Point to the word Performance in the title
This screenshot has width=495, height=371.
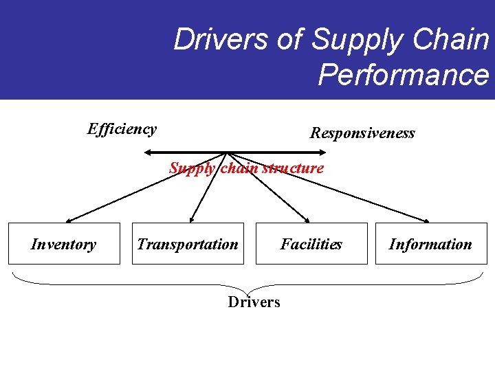point(403,75)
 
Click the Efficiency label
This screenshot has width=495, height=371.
point(122,128)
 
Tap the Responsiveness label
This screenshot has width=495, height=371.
point(362,133)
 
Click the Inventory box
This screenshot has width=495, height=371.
point(64,244)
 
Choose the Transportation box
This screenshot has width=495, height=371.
point(188,244)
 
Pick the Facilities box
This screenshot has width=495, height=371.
point(311,244)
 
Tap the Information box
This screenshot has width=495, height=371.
point(431,244)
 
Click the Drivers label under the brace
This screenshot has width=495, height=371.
point(254,302)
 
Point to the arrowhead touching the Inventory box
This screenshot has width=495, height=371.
point(67,221)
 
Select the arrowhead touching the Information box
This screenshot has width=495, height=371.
point(426,221)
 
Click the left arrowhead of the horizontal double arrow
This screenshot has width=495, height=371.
point(148,152)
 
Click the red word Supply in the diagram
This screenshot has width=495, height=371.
point(192,168)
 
